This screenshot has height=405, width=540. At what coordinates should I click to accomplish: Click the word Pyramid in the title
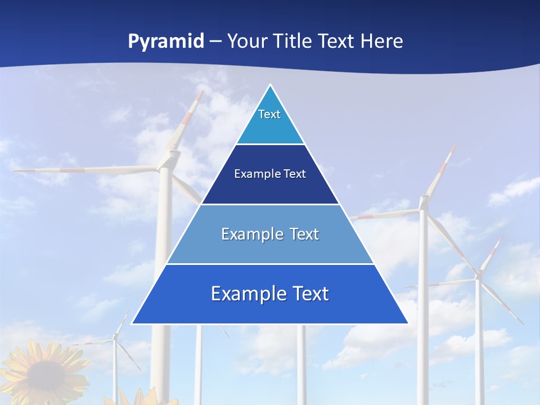[x=165, y=42]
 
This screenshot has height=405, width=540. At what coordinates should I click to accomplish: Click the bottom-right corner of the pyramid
[x=407, y=323]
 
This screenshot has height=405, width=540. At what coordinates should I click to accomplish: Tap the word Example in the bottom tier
[x=245, y=294]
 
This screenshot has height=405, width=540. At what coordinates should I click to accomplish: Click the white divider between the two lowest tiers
[x=270, y=264]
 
